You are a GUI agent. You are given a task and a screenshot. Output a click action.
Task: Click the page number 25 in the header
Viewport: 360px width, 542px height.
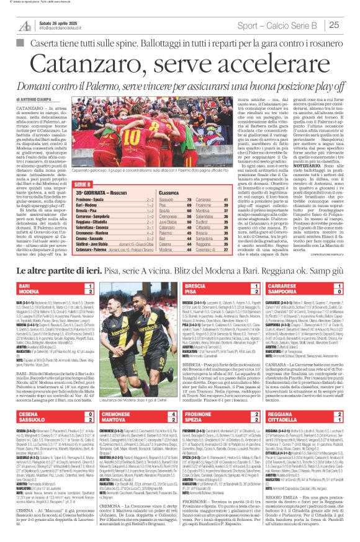click(350, 24)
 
